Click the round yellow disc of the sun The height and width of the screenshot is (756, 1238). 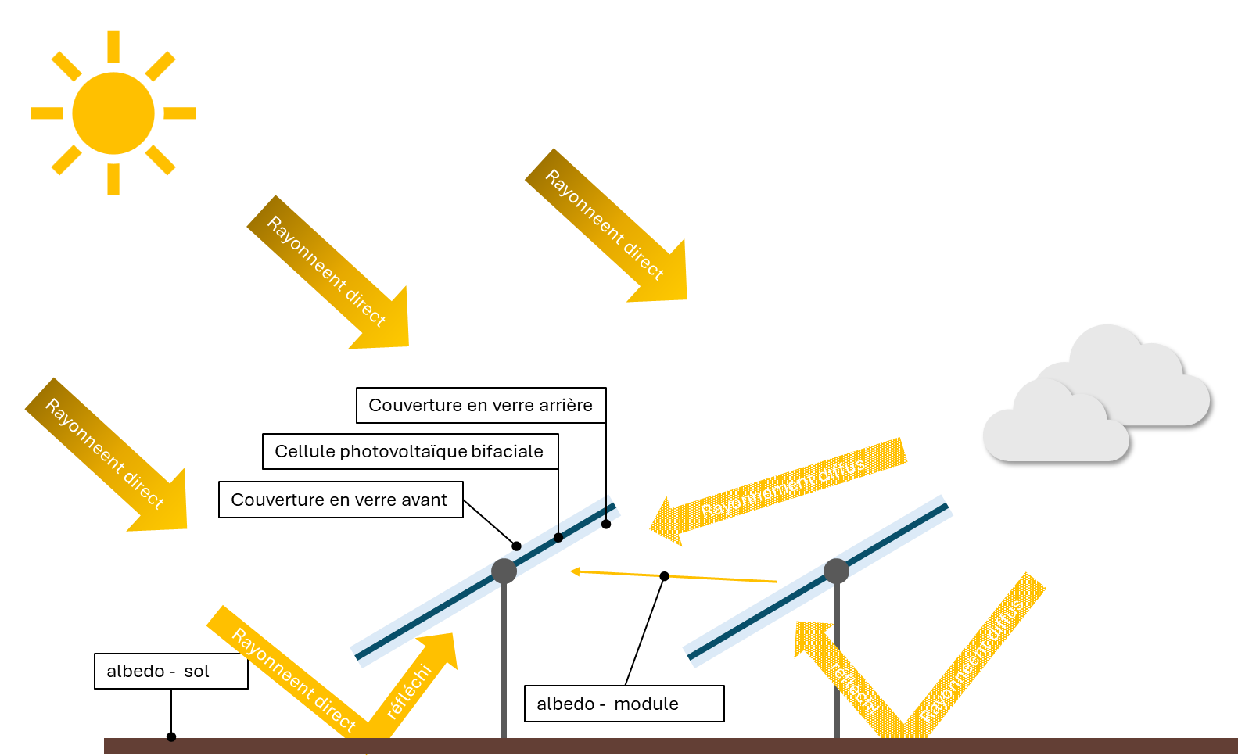coord(113,113)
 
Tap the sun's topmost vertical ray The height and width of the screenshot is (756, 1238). coord(113,47)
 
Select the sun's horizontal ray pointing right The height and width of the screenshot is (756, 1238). coord(179,113)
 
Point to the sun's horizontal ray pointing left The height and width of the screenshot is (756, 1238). coord(47,113)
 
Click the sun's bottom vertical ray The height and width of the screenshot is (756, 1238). coord(113,179)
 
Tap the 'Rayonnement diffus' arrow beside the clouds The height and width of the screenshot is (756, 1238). coord(782,489)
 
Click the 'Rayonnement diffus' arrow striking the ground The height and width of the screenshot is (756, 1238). coord(978,657)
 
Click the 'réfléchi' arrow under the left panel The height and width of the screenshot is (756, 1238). coord(418,680)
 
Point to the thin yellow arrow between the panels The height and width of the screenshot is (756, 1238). coord(673,576)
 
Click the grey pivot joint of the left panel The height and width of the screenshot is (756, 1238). coord(504,571)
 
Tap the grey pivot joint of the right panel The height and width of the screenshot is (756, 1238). coord(836,571)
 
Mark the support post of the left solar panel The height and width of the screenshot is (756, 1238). coord(504,665)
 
